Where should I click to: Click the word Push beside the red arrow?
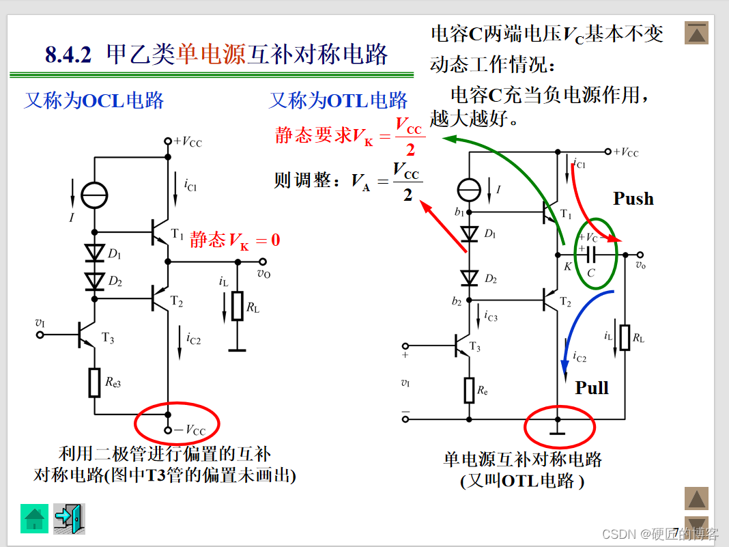pos(633,199)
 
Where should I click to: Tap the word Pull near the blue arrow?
pos(591,388)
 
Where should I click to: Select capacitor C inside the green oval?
pos(591,255)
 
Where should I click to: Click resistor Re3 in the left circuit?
pos(95,382)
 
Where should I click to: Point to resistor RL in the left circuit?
pos(237,305)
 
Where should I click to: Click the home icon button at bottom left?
pos(34,518)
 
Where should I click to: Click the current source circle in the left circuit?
pos(94,196)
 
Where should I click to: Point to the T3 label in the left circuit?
pos(108,337)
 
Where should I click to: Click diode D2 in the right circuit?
pos(469,278)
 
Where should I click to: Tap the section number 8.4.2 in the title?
pos(68,55)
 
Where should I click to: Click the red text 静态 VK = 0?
pos(235,240)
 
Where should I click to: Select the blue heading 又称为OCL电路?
pos(94,100)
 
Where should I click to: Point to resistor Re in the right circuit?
pos(469,390)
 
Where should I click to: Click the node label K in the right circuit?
pos(568,267)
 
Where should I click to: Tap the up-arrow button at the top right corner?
pos(696,33)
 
